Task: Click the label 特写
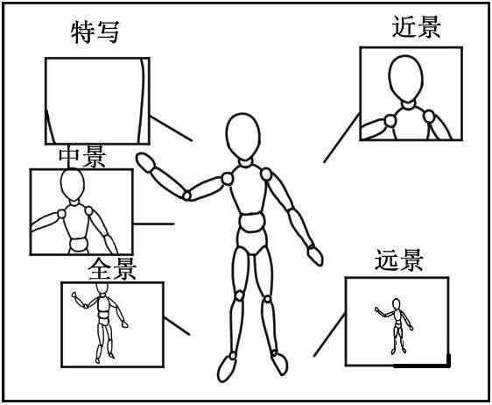[x=95, y=32]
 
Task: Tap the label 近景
[x=416, y=26]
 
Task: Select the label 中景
[x=81, y=157]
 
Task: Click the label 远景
[x=399, y=260]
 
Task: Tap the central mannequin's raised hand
[x=145, y=162]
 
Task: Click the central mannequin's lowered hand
[x=313, y=255]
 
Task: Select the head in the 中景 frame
[x=71, y=187]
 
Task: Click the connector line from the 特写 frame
[x=171, y=128]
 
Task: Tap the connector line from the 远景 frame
[x=328, y=338]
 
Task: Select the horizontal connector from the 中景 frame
[x=153, y=223]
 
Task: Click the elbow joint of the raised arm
[x=186, y=195]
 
